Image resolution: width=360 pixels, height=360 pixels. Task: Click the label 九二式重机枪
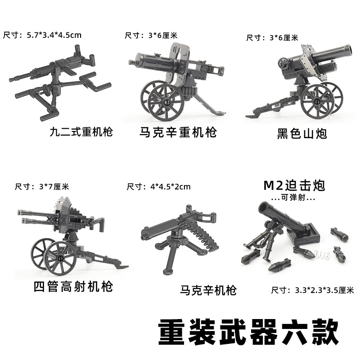(x=81, y=132)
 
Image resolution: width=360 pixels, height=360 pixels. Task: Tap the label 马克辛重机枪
(x=178, y=132)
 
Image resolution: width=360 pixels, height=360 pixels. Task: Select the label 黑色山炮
(x=302, y=134)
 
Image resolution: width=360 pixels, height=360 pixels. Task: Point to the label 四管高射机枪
(x=73, y=287)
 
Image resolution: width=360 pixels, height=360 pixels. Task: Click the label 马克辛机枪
(x=208, y=290)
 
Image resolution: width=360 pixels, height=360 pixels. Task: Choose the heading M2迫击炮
(x=294, y=186)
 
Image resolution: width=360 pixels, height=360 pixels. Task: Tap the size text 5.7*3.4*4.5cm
(x=54, y=35)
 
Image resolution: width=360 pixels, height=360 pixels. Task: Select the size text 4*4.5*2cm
(x=171, y=187)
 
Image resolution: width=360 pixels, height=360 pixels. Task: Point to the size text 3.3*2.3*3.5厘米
(x=324, y=290)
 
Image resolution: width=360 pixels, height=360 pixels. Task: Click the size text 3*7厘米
(x=54, y=187)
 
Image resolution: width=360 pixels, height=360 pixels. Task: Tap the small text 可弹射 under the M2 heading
(x=293, y=198)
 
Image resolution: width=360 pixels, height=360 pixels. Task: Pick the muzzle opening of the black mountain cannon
(x=347, y=49)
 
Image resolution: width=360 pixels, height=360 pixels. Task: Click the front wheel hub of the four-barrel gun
(x=60, y=258)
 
